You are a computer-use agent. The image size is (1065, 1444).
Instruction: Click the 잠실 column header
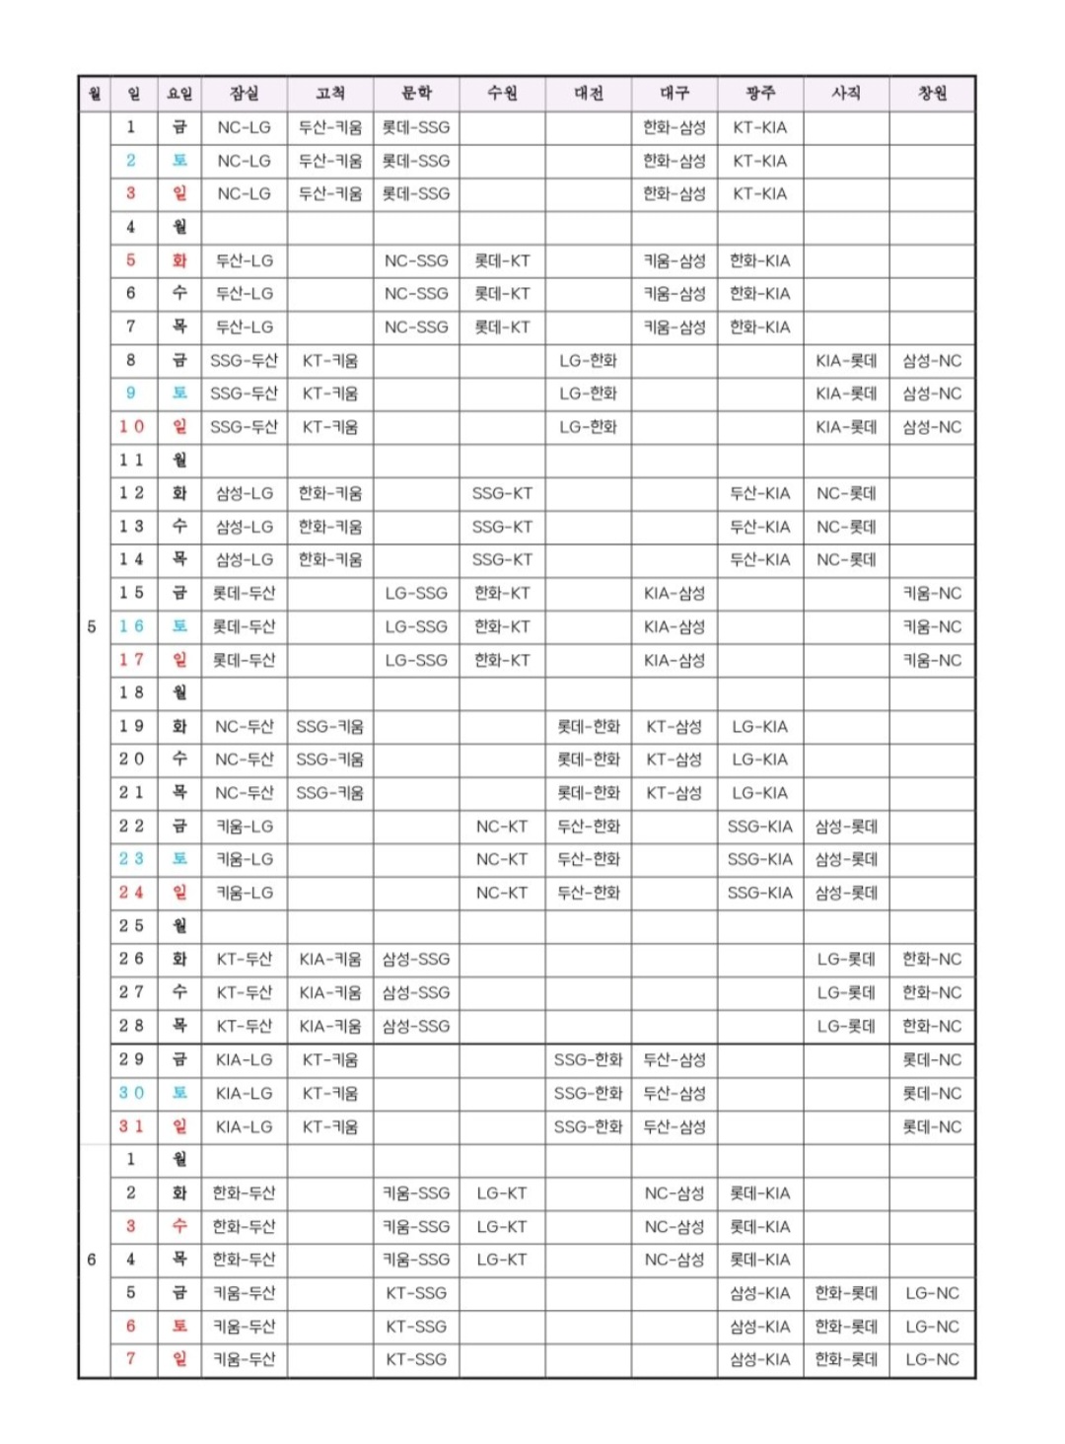pos(244,94)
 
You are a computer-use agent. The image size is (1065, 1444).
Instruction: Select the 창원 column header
pos(932,94)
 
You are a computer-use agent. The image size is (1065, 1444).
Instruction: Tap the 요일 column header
pos(179,94)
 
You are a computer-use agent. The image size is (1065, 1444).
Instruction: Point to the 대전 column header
pos(589,94)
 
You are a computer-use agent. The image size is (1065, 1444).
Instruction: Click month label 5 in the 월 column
pos(93,626)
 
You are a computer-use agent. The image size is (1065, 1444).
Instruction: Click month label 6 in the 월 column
pos(93,1260)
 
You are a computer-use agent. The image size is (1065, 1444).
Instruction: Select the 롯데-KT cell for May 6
pos(502,294)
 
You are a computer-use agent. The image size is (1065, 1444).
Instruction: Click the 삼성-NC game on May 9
pos(932,394)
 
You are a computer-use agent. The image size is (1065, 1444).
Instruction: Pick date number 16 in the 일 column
pos(131,626)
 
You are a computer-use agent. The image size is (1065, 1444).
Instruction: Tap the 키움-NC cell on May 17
pos(932,660)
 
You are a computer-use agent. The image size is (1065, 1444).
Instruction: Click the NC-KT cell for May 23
pos(502,859)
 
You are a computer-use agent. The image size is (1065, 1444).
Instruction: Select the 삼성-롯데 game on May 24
pos(846,893)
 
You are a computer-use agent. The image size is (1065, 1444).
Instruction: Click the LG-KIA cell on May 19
pos(759,727)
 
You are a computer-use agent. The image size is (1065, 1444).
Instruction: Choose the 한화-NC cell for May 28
pos(932,1026)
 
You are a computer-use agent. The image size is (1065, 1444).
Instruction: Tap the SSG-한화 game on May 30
pos(589,1093)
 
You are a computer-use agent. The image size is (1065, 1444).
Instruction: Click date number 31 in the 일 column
pos(131,1126)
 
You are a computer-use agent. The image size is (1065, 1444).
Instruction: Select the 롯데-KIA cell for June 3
pos(759,1227)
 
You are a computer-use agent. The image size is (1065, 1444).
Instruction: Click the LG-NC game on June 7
pos(932,1359)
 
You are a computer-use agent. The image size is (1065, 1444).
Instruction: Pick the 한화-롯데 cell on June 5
pos(846,1293)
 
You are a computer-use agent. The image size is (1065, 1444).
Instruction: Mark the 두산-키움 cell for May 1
pos(330,127)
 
